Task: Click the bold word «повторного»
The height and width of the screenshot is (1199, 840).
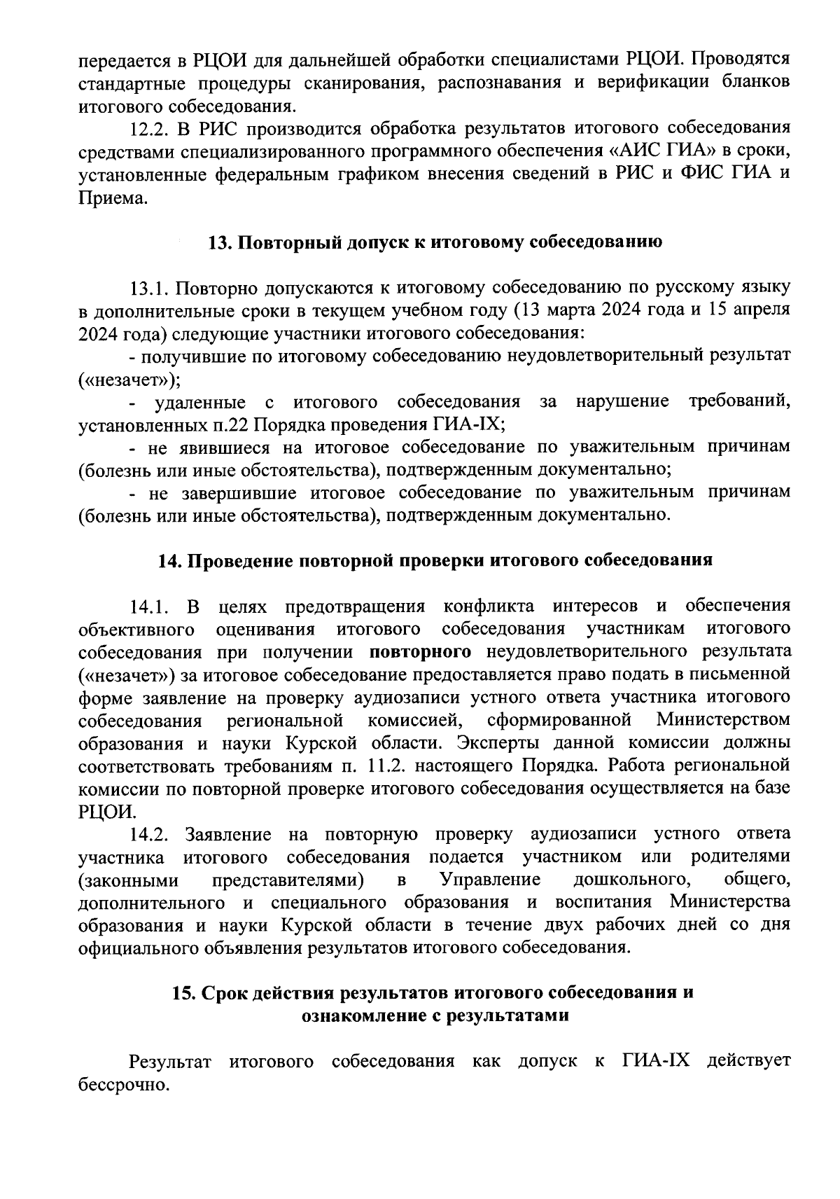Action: click(x=419, y=652)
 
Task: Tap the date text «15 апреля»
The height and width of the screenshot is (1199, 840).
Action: click(x=749, y=310)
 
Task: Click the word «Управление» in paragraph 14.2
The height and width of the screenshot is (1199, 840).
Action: click(x=489, y=880)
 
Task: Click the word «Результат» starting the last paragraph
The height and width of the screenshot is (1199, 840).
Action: click(x=170, y=1062)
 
